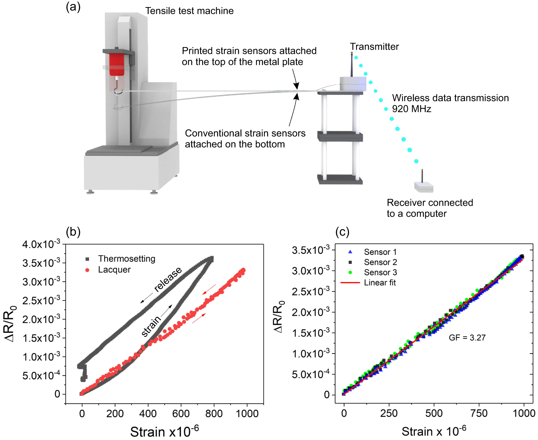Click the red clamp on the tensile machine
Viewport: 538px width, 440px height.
coord(116,65)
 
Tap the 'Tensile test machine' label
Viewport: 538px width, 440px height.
coord(189,11)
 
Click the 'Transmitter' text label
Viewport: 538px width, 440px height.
coord(374,46)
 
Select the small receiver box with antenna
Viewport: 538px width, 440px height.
coord(423,187)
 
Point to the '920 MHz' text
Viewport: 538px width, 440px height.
coord(412,109)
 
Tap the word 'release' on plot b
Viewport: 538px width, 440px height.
coord(168,279)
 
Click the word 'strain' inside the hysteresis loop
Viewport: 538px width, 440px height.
coord(151,326)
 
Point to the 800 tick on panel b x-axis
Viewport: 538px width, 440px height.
coord(214,413)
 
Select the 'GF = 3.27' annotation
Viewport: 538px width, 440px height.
coord(467,337)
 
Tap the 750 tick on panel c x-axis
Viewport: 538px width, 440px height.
coord(479,413)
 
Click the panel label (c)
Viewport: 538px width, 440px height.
coord(342,232)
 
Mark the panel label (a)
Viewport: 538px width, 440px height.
coord(73,6)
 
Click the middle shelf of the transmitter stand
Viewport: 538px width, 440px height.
coord(340,136)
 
